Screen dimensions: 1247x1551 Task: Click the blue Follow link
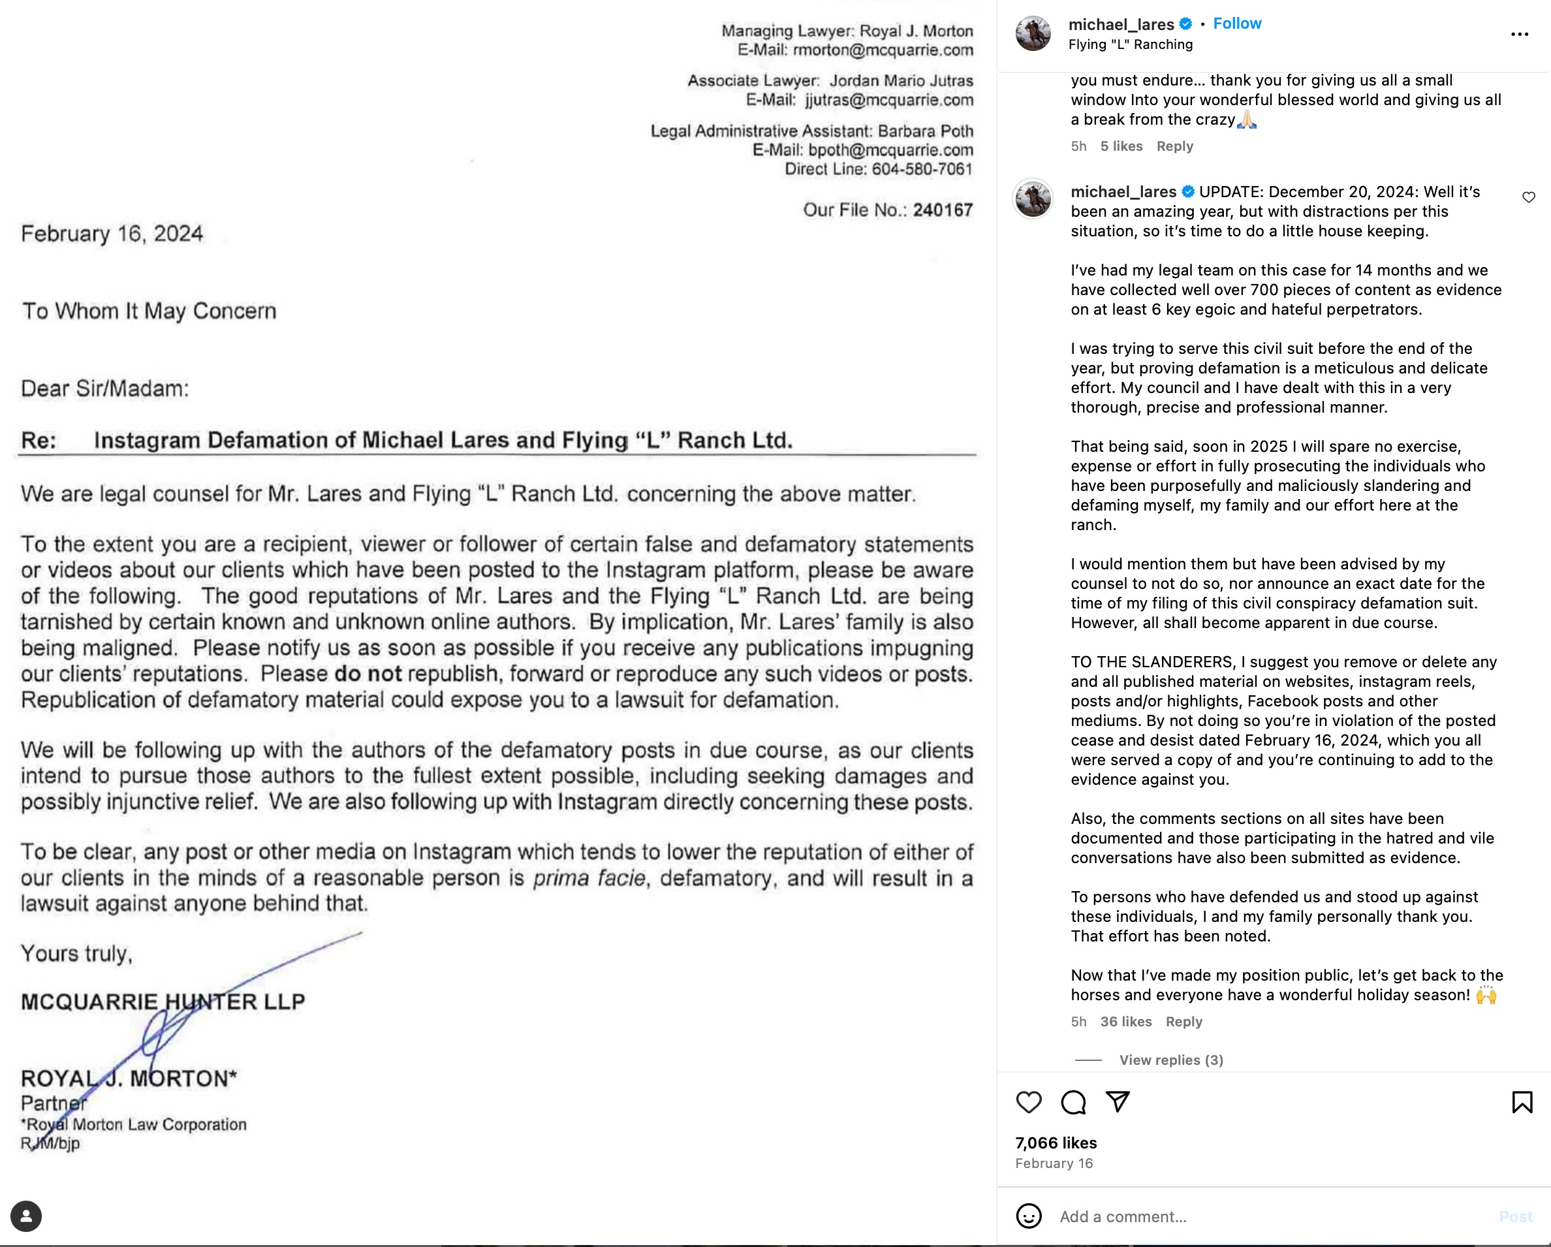(x=1236, y=24)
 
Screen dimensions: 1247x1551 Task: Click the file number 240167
(x=943, y=210)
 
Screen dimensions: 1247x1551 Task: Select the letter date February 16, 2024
(x=112, y=234)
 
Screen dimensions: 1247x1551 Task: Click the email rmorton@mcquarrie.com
(x=883, y=50)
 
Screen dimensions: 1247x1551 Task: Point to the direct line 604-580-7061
(x=922, y=169)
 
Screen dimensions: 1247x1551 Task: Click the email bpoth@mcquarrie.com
(x=890, y=150)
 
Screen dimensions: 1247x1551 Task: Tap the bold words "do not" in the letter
(x=368, y=674)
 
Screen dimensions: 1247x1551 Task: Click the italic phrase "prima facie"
(x=589, y=879)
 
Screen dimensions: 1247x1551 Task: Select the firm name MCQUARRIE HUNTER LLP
(x=163, y=1002)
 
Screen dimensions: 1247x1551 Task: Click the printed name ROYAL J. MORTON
(x=129, y=1079)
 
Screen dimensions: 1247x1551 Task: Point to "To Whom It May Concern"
(x=149, y=311)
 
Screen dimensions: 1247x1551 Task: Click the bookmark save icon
(x=1522, y=1102)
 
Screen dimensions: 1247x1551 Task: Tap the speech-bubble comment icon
(x=1073, y=1102)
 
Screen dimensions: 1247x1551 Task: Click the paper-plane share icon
(x=1117, y=1101)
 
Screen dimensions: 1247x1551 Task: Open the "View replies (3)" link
(x=1170, y=1060)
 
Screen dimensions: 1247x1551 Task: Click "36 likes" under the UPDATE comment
(x=1125, y=1022)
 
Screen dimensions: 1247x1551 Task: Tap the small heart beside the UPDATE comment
(x=1529, y=197)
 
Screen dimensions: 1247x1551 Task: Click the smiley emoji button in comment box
(x=1029, y=1216)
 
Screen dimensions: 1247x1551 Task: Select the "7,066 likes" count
(x=1056, y=1143)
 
